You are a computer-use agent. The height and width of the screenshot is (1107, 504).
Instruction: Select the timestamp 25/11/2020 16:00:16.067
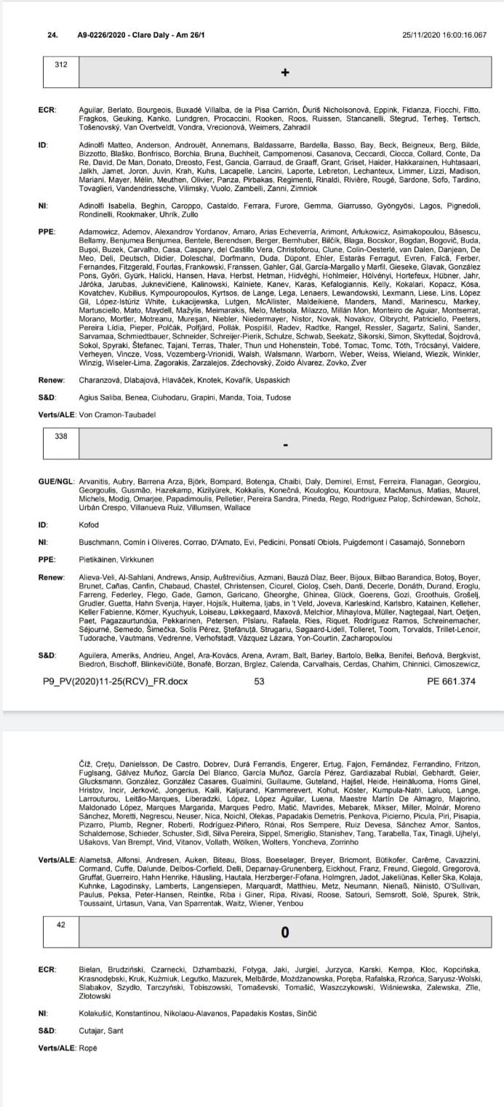point(444,34)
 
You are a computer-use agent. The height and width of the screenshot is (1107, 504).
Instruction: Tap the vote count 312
point(61,65)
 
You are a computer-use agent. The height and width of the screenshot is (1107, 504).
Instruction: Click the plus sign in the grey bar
point(285,72)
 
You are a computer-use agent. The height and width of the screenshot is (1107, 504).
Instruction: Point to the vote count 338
point(61,437)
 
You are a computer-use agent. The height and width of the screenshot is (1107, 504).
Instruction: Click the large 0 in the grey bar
point(285,932)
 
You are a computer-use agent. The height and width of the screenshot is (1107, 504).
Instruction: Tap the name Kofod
point(88,523)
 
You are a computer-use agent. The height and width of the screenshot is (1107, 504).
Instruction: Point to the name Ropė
point(87,1047)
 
